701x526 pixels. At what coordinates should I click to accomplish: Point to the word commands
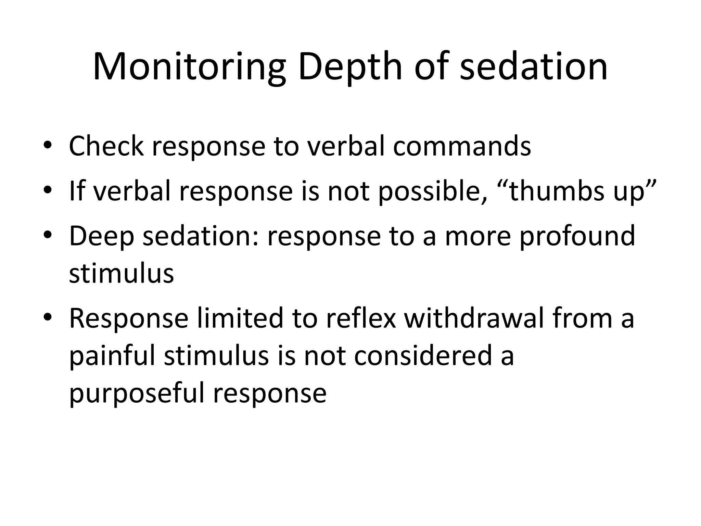(x=462, y=146)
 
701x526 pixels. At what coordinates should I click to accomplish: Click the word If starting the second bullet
(x=77, y=191)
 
